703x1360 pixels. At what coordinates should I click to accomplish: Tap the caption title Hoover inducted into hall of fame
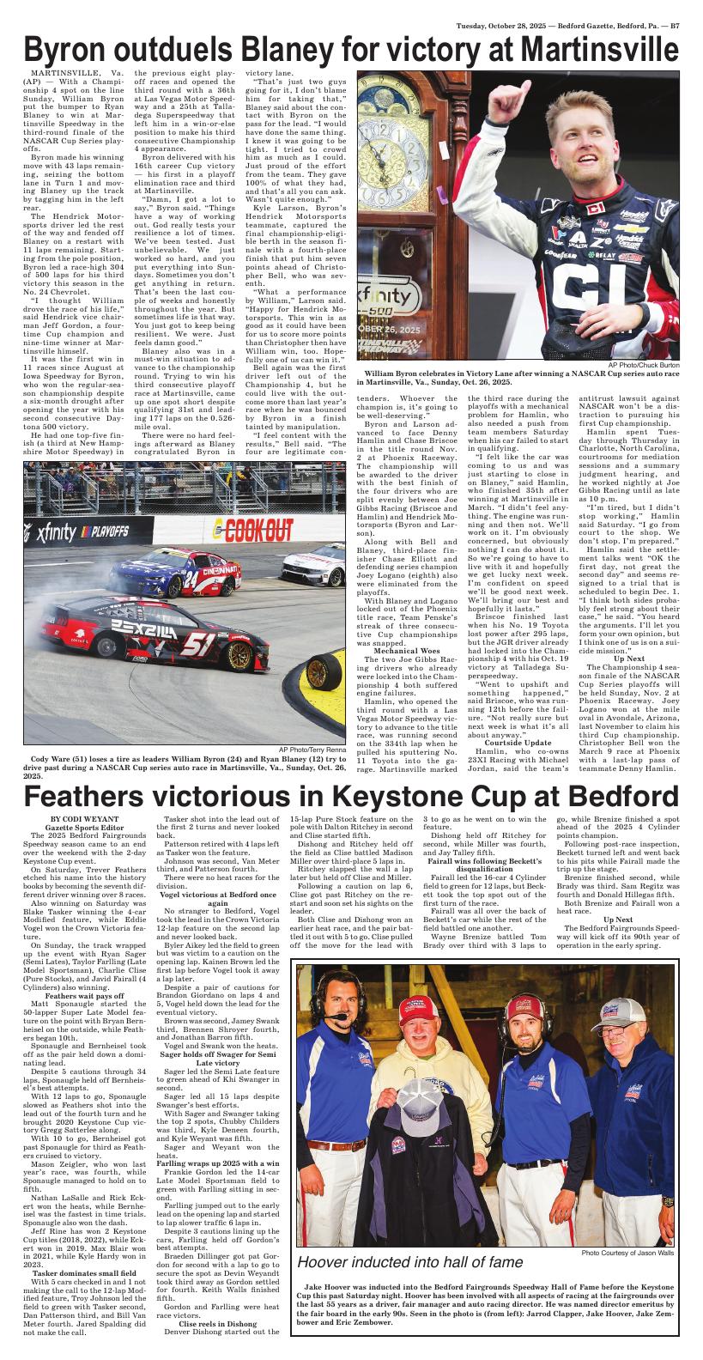[x=409, y=1262]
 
